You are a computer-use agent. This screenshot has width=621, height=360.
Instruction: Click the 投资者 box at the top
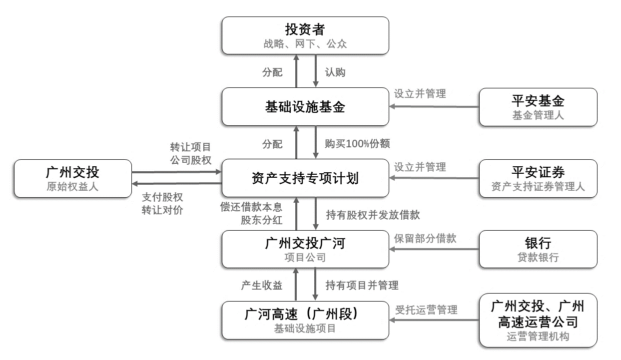click(305, 35)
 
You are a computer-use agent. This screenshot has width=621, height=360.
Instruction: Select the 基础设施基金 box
click(305, 107)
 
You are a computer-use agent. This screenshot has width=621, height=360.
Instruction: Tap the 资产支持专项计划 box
click(305, 178)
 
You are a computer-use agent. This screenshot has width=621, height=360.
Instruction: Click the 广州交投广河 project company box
click(305, 249)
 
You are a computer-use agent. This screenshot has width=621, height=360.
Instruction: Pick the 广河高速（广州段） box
click(305, 320)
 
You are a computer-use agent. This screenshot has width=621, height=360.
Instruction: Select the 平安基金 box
click(538, 107)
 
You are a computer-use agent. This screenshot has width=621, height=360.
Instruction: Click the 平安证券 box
click(538, 178)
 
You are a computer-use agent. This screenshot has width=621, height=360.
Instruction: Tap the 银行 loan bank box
click(538, 249)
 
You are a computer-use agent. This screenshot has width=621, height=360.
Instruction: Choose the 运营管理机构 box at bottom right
click(538, 320)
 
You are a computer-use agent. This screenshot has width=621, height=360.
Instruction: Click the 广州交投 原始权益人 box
click(72, 178)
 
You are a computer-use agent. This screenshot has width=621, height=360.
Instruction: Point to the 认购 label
click(335, 72)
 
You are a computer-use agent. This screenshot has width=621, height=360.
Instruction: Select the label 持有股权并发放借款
click(373, 215)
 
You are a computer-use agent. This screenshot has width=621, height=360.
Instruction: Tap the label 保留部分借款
click(425, 238)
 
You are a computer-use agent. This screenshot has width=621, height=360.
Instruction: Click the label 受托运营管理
click(426, 310)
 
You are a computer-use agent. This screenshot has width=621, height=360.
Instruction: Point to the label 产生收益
click(262, 286)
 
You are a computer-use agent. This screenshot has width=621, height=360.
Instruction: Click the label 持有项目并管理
click(362, 286)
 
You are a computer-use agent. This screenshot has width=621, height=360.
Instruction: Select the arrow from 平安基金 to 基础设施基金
click(434, 106)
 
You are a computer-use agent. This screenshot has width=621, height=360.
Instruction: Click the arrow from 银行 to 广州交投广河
click(434, 250)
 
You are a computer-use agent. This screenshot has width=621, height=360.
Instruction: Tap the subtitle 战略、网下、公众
click(305, 44)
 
